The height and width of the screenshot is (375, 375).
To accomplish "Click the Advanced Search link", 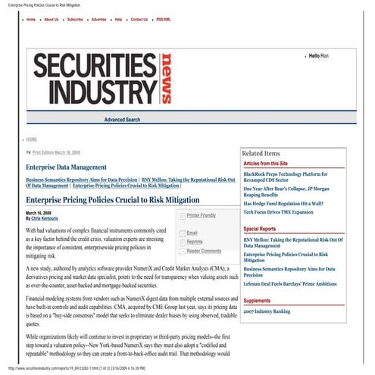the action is tap(122, 120).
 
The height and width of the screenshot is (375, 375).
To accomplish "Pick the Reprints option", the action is tap(195, 241).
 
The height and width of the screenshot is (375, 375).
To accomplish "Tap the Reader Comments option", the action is tap(205, 250).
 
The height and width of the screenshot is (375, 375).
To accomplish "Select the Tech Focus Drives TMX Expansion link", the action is tap(285, 213).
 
